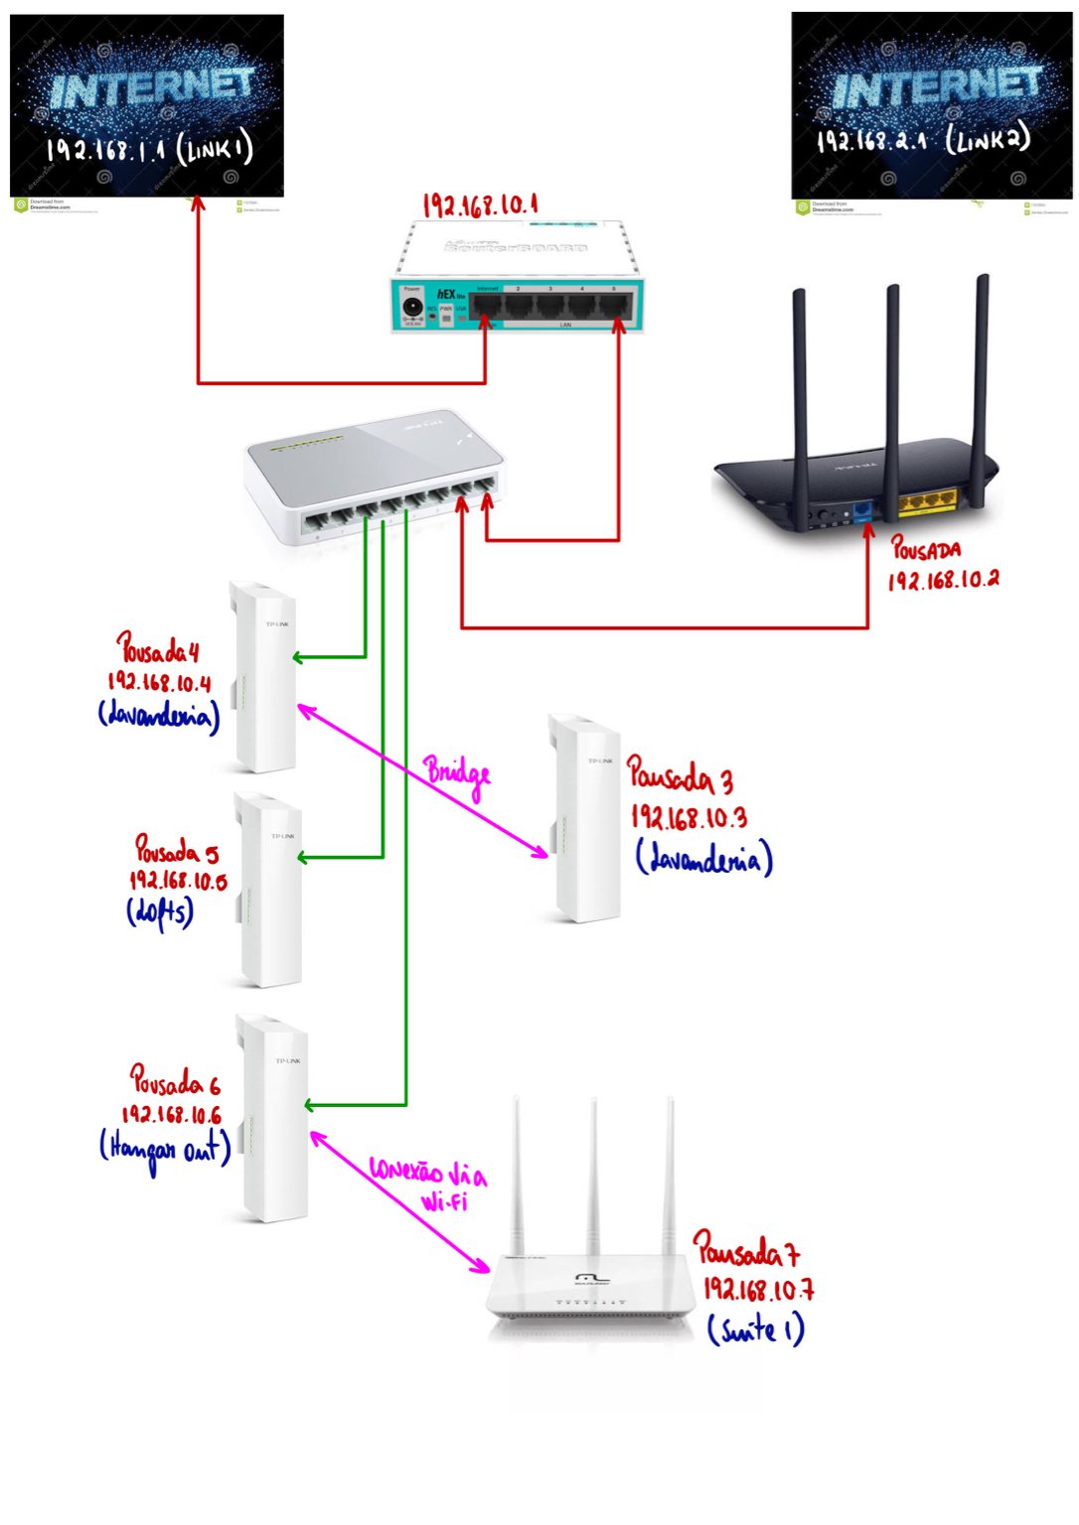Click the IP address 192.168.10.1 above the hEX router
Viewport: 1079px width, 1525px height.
480,206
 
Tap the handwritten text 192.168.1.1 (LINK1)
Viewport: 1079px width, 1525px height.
149,150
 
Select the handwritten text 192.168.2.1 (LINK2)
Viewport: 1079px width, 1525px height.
923,140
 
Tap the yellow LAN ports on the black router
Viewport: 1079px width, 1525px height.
927,499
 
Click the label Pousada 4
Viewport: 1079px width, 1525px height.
159,649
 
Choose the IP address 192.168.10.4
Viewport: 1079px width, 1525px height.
159,683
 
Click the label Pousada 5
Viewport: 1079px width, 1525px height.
177,851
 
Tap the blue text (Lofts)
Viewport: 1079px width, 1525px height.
160,911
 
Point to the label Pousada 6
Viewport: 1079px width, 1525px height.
175,1081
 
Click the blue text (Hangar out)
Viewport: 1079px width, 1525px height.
165,1149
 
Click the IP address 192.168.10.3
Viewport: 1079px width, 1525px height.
689,817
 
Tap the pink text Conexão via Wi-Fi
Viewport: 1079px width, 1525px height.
429,1183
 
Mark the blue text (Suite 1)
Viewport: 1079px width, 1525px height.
755,1328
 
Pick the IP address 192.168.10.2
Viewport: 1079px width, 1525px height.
944,580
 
